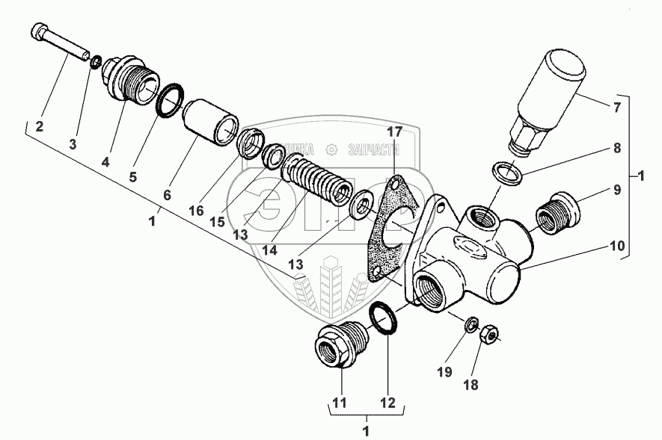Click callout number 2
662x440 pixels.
40,127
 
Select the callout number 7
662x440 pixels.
617,108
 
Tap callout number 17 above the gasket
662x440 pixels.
394,131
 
